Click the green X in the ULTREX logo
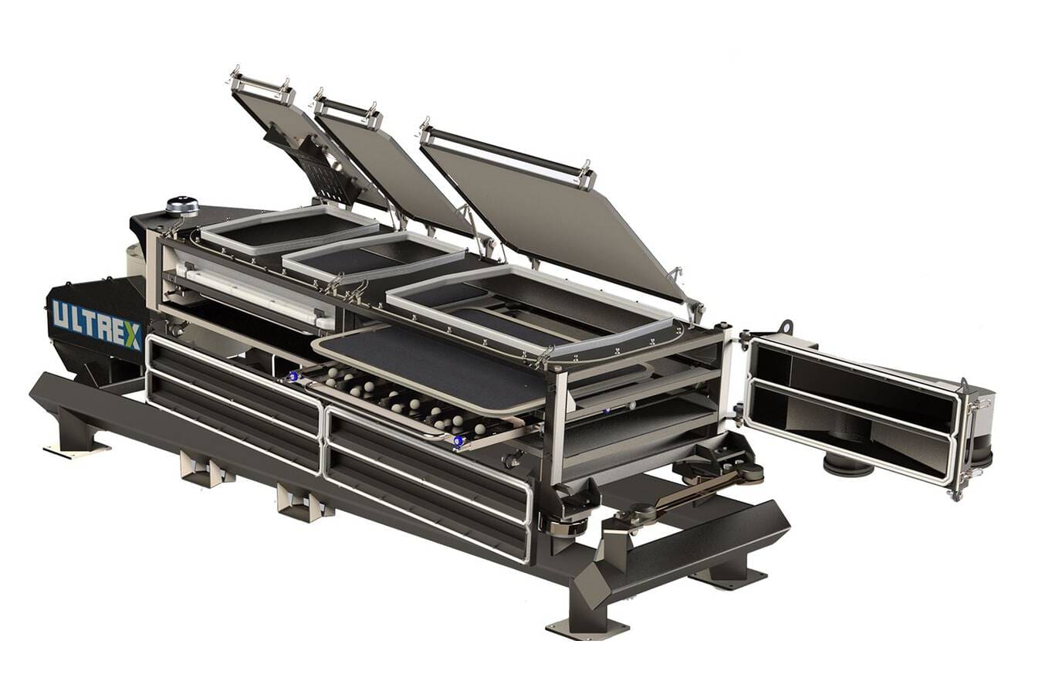pos(132,336)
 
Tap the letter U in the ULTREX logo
pos(60,314)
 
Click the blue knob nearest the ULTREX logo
pos(293,377)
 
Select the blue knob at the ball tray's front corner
pos(459,441)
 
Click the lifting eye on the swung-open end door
pos(787,328)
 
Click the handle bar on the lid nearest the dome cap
pos(262,85)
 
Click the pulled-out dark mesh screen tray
pos(432,363)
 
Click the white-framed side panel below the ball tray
pos(428,483)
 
